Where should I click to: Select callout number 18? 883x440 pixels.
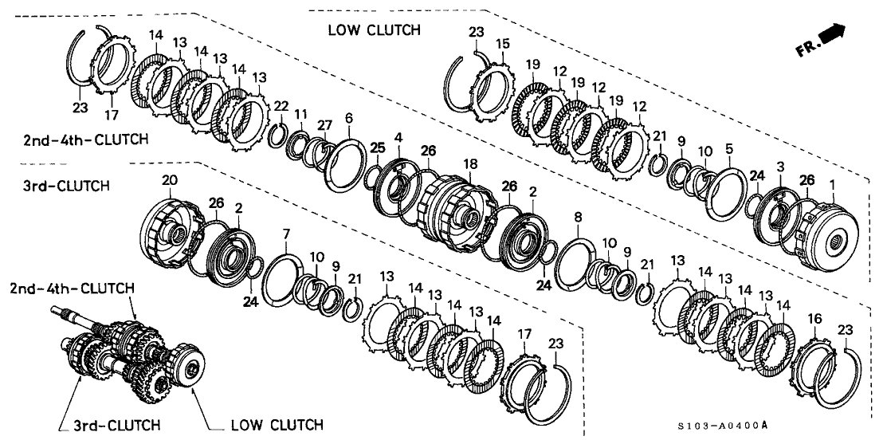click(472, 163)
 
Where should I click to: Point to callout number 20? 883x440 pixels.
click(169, 180)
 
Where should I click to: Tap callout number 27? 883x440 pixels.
click(322, 124)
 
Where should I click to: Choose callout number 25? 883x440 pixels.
click(376, 147)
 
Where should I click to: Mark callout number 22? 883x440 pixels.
click(281, 107)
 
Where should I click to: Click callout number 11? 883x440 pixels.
click(300, 116)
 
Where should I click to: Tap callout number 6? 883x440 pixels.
click(348, 118)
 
